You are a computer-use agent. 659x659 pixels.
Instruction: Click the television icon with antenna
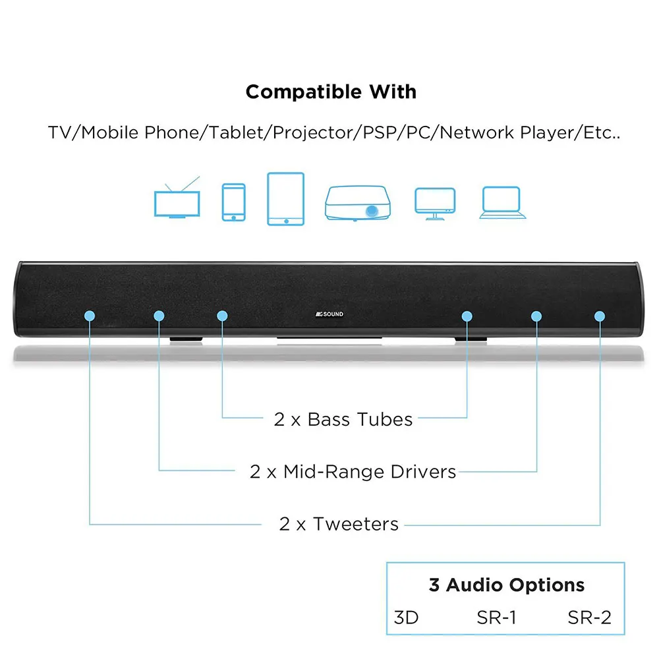(175, 202)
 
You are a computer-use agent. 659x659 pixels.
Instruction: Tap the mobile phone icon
(233, 202)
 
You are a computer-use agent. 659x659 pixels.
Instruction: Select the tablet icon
(285, 198)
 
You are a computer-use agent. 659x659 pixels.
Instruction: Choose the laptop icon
(503, 202)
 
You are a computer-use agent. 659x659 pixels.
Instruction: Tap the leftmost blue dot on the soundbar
(90, 316)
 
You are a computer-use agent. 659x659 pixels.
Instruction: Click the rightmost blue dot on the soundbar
(600, 316)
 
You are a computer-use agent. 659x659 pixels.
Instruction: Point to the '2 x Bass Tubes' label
(343, 419)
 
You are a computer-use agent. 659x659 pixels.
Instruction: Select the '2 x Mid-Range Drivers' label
(353, 472)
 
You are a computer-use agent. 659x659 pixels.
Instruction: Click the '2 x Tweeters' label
(339, 524)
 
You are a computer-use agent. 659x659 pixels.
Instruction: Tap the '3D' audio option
(406, 617)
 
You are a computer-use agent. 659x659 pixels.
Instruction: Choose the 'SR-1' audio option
(496, 617)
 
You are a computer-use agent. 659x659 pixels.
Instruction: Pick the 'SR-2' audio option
(589, 617)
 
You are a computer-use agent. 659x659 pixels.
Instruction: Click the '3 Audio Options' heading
(506, 585)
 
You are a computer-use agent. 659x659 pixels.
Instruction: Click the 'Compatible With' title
(331, 92)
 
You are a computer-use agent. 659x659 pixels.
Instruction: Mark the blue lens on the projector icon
(373, 212)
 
